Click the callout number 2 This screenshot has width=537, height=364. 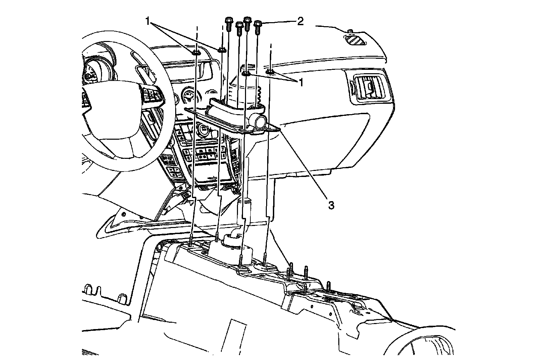point(300,21)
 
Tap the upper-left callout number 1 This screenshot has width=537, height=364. point(147,21)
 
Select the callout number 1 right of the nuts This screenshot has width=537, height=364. point(301,82)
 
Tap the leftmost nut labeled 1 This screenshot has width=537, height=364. point(195,52)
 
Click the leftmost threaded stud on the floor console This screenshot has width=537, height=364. point(191,241)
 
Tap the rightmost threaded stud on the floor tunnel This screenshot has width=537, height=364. point(329,285)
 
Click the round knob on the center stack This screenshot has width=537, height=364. point(203,129)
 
